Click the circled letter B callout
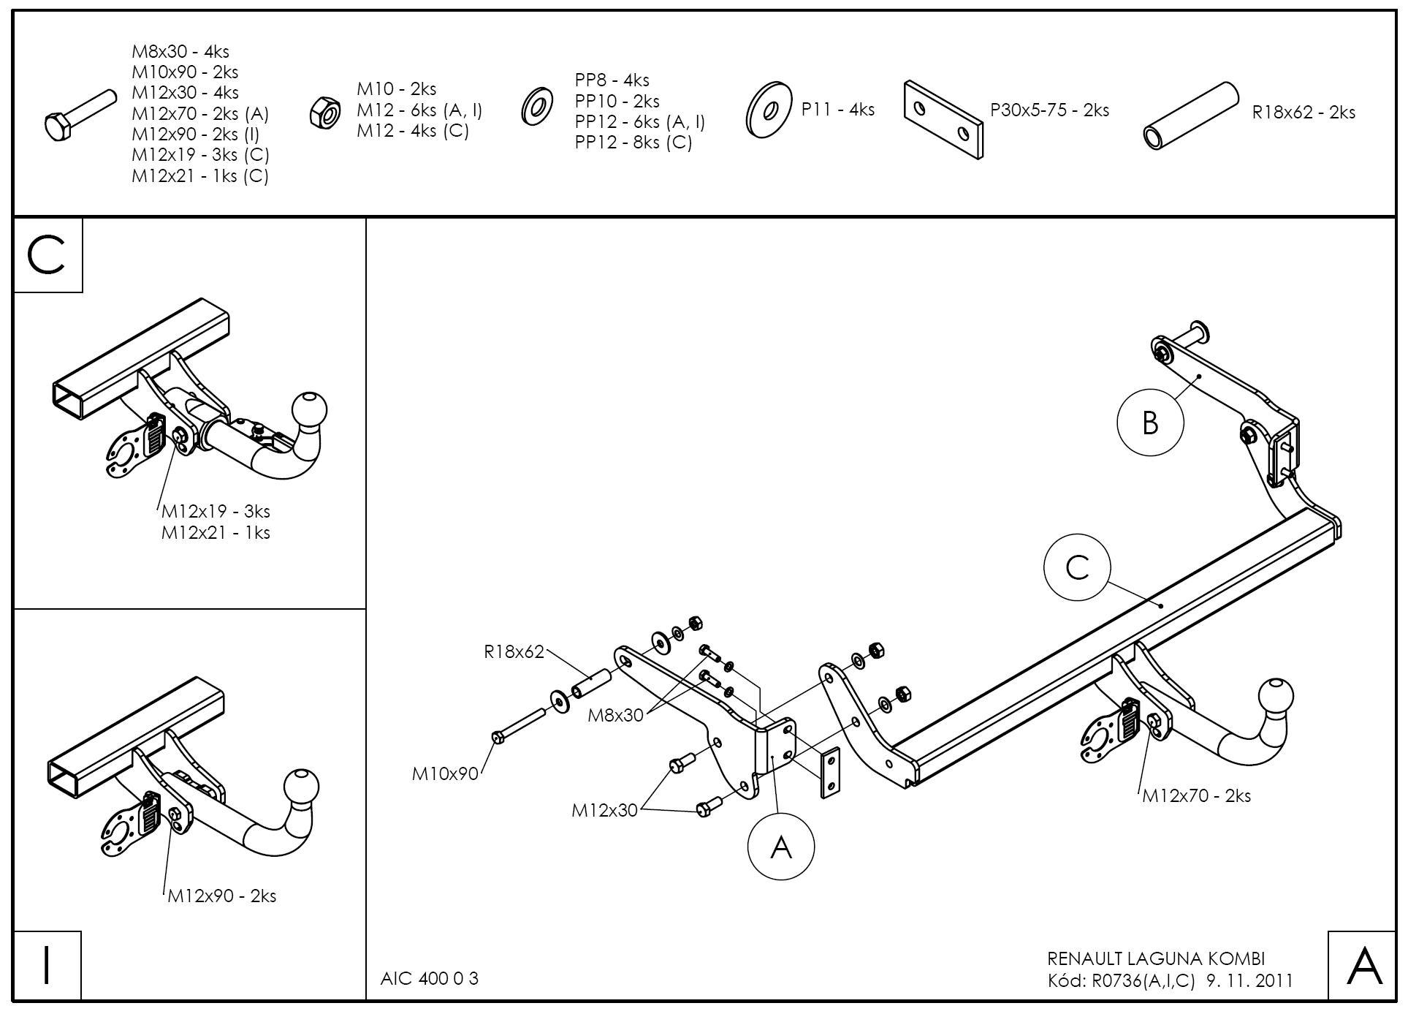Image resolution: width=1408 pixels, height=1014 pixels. pos(1150,423)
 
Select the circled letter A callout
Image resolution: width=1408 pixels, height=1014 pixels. pos(780,847)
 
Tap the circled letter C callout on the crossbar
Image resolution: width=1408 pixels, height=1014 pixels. pos(1077,567)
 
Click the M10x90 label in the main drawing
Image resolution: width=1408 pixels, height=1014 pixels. pos(444,773)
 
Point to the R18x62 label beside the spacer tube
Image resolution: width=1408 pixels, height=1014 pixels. pos(514,651)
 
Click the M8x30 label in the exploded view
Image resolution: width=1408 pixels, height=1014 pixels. pos(615,715)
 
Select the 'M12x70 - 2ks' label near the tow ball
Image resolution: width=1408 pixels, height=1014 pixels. pos(1196,795)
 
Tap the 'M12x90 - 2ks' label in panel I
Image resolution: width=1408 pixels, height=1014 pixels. pos(221,896)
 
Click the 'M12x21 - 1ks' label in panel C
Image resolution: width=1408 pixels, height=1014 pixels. pos(216,533)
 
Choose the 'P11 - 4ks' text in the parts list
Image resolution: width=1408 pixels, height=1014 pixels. pos(837,110)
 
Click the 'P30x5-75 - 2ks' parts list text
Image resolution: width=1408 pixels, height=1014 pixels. pos(1049,110)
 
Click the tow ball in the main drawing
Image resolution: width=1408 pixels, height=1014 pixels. pos(1275,695)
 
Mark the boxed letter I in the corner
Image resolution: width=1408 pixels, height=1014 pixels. pos(47,965)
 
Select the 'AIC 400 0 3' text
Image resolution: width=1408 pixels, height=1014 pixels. pos(429,978)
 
